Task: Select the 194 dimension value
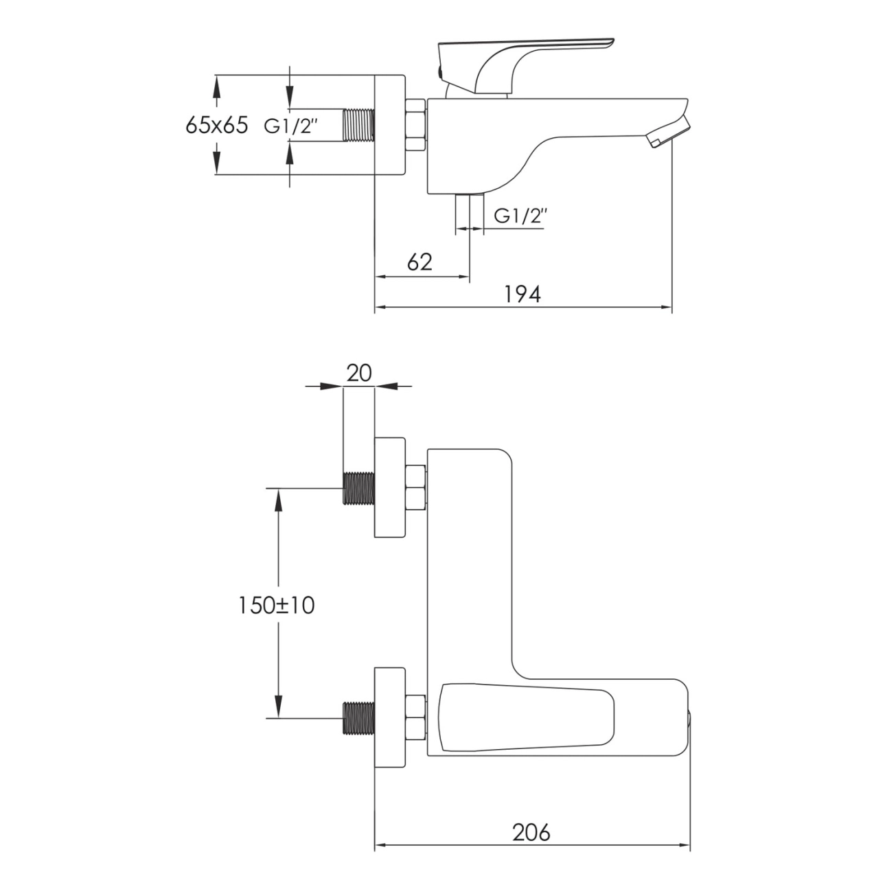522,294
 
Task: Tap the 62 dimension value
420,262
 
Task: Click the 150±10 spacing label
276,605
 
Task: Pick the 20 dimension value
359,373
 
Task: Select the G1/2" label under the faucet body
520,216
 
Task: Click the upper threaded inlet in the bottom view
358,488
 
